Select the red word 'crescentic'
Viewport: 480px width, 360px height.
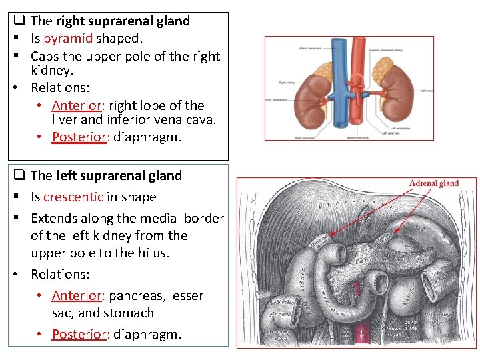tap(73, 197)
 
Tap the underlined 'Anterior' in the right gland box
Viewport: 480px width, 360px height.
tap(75, 105)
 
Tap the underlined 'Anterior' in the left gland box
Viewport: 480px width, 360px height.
tap(75, 295)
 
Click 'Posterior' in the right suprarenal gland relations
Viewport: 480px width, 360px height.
tap(79, 137)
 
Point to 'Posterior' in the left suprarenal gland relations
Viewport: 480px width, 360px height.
tap(79, 334)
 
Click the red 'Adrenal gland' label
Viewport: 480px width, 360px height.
tap(434, 183)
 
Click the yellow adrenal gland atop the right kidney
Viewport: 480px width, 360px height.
tap(323, 69)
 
